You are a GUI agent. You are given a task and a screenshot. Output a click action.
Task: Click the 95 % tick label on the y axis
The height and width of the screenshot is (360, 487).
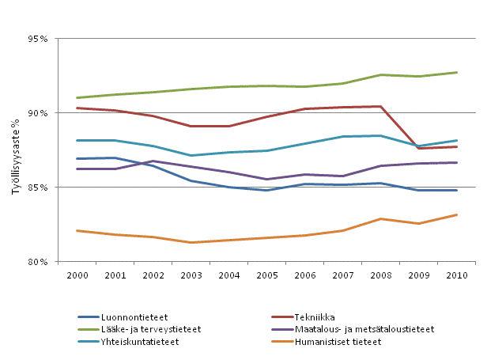click(x=37, y=39)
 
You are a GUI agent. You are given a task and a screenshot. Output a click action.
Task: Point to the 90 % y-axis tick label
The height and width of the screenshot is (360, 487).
click(x=37, y=113)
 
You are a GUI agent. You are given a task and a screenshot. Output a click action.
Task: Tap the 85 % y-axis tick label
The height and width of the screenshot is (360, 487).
click(x=37, y=188)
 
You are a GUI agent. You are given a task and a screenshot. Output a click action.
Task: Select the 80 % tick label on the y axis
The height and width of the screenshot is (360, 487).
click(x=37, y=262)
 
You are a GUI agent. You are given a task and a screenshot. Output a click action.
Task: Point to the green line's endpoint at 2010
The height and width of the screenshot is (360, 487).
click(x=456, y=73)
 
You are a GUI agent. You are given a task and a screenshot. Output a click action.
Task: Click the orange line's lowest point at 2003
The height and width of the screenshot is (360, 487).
click(x=190, y=242)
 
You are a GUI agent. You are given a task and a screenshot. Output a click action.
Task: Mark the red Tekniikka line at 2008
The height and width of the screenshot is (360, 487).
click(x=380, y=106)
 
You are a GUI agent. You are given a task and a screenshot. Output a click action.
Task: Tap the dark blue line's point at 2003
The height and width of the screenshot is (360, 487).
click(x=190, y=181)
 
